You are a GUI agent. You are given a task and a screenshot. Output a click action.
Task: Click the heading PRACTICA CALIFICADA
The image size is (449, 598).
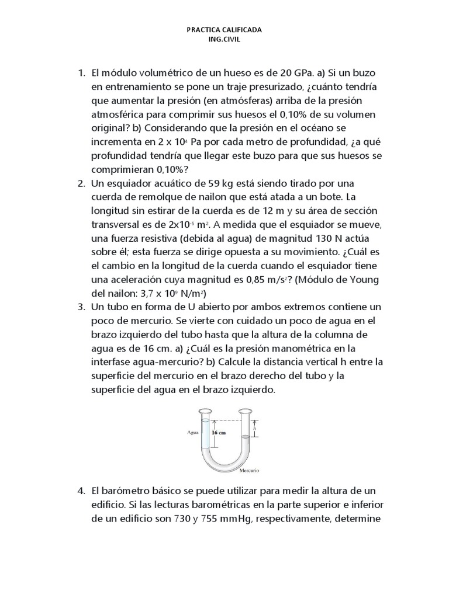click(x=224, y=29)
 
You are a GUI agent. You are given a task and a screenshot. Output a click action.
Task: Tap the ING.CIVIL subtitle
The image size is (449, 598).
click(x=224, y=40)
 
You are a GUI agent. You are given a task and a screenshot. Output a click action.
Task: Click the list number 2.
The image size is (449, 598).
click(x=81, y=183)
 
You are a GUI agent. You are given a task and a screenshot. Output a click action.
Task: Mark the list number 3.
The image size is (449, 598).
click(x=81, y=306)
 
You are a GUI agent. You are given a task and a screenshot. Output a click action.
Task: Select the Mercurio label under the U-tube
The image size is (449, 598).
click(x=249, y=470)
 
